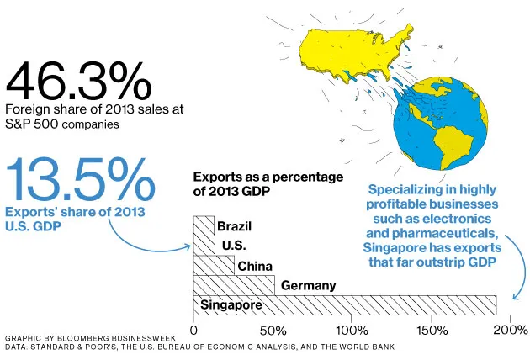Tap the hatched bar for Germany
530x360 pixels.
(x=234, y=285)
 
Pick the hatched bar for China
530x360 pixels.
(x=214, y=266)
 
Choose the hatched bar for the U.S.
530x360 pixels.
(x=204, y=246)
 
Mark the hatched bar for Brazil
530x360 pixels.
(x=204, y=226)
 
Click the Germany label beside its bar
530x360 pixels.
(x=308, y=285)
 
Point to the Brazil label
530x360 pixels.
(x=234, y=226)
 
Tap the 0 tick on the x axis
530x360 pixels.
(x=194, y=329)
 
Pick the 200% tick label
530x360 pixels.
(x=510, y=329)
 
